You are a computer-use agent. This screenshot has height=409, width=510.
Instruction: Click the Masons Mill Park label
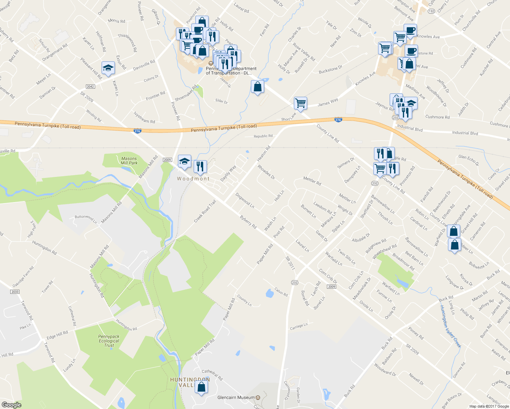click(129, 161)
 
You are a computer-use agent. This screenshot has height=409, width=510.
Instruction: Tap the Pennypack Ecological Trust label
click(109, 341)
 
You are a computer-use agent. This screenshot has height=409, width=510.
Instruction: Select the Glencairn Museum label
click(236, 397)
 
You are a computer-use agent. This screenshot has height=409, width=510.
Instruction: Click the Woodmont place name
click(193, 179)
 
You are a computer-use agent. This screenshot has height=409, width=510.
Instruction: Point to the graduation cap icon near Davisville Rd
click(108, 68)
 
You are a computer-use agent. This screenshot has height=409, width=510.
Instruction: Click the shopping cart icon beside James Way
click(300, 103)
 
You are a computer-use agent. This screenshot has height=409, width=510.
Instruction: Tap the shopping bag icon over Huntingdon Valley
click(201, 387)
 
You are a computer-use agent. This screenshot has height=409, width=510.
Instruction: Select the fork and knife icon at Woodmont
click(200, 166)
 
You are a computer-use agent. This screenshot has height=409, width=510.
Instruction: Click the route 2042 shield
click(90, 87)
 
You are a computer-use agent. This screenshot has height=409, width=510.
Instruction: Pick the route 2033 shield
click(15, 292)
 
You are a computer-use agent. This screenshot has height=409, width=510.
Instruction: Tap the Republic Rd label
click(263, 136)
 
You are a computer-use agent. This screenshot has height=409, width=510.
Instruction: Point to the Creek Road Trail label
click(205, 212)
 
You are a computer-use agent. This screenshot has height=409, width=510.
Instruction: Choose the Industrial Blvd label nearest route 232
click(409, 128)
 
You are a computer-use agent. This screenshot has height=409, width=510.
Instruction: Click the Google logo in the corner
click(11, 405)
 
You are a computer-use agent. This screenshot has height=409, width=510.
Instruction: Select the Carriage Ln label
click(299, 326)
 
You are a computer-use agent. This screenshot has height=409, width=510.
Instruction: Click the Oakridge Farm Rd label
click(23, 276)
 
